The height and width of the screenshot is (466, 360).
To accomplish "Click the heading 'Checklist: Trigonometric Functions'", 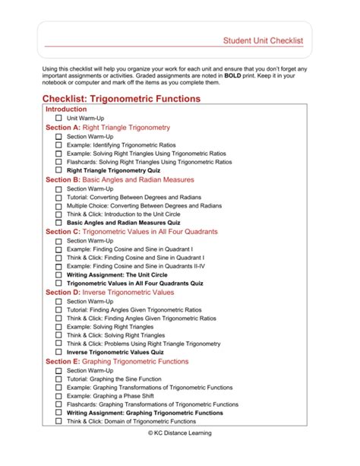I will (122, 99).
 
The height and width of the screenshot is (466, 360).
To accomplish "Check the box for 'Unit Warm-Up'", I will (58, 119).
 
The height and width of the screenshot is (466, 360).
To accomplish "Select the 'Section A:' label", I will (62, 128).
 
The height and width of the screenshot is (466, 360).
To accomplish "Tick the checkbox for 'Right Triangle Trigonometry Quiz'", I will (58, 171).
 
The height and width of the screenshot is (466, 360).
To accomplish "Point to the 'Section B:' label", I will (62, 180).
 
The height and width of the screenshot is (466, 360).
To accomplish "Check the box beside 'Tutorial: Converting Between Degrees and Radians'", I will (58, 197).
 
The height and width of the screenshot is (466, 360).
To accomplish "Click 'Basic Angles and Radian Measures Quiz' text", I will (128, 223).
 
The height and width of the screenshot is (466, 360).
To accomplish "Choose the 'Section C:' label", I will (62, 231).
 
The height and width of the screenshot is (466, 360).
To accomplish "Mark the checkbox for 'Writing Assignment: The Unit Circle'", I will (58, 274).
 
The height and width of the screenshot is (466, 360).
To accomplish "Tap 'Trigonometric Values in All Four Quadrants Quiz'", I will (134, 283).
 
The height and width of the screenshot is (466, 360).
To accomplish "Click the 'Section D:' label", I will (62, 292).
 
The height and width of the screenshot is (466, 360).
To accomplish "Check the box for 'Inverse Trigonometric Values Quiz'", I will (58, 352).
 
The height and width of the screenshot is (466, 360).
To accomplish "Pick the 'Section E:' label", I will (62, 361).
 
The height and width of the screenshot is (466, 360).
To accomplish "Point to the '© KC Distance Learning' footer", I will (180, 433).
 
